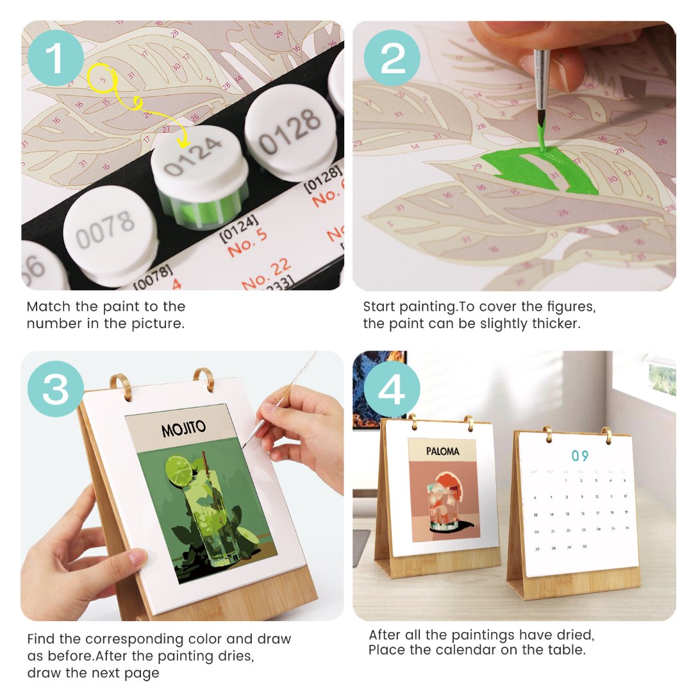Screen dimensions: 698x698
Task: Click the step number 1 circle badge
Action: click(56, 58)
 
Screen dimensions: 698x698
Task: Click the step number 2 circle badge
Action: click(392, 58)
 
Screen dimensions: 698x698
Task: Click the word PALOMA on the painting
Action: click(442, 451)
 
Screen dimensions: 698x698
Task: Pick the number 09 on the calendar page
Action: click(579, 456)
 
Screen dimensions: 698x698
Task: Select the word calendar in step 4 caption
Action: click(449, 650)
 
